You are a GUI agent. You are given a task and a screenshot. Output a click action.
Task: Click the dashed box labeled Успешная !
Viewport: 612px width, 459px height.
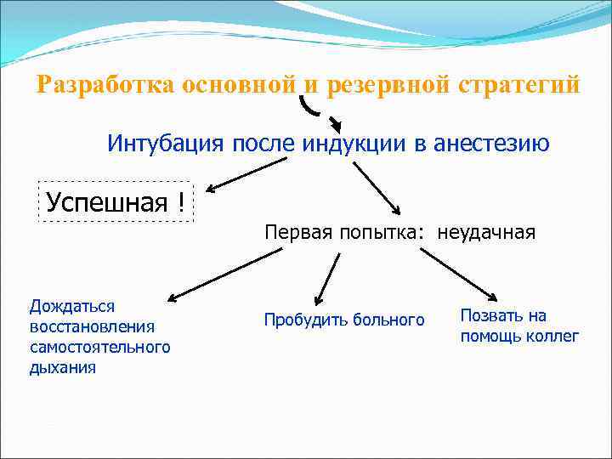116,201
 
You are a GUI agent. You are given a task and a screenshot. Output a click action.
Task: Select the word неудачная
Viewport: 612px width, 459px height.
487,232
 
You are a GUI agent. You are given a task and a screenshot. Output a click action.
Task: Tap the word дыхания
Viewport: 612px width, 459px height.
62,367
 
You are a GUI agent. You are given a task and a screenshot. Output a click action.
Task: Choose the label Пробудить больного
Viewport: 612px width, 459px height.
343,320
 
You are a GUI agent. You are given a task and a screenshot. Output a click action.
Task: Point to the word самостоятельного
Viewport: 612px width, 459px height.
99,347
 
